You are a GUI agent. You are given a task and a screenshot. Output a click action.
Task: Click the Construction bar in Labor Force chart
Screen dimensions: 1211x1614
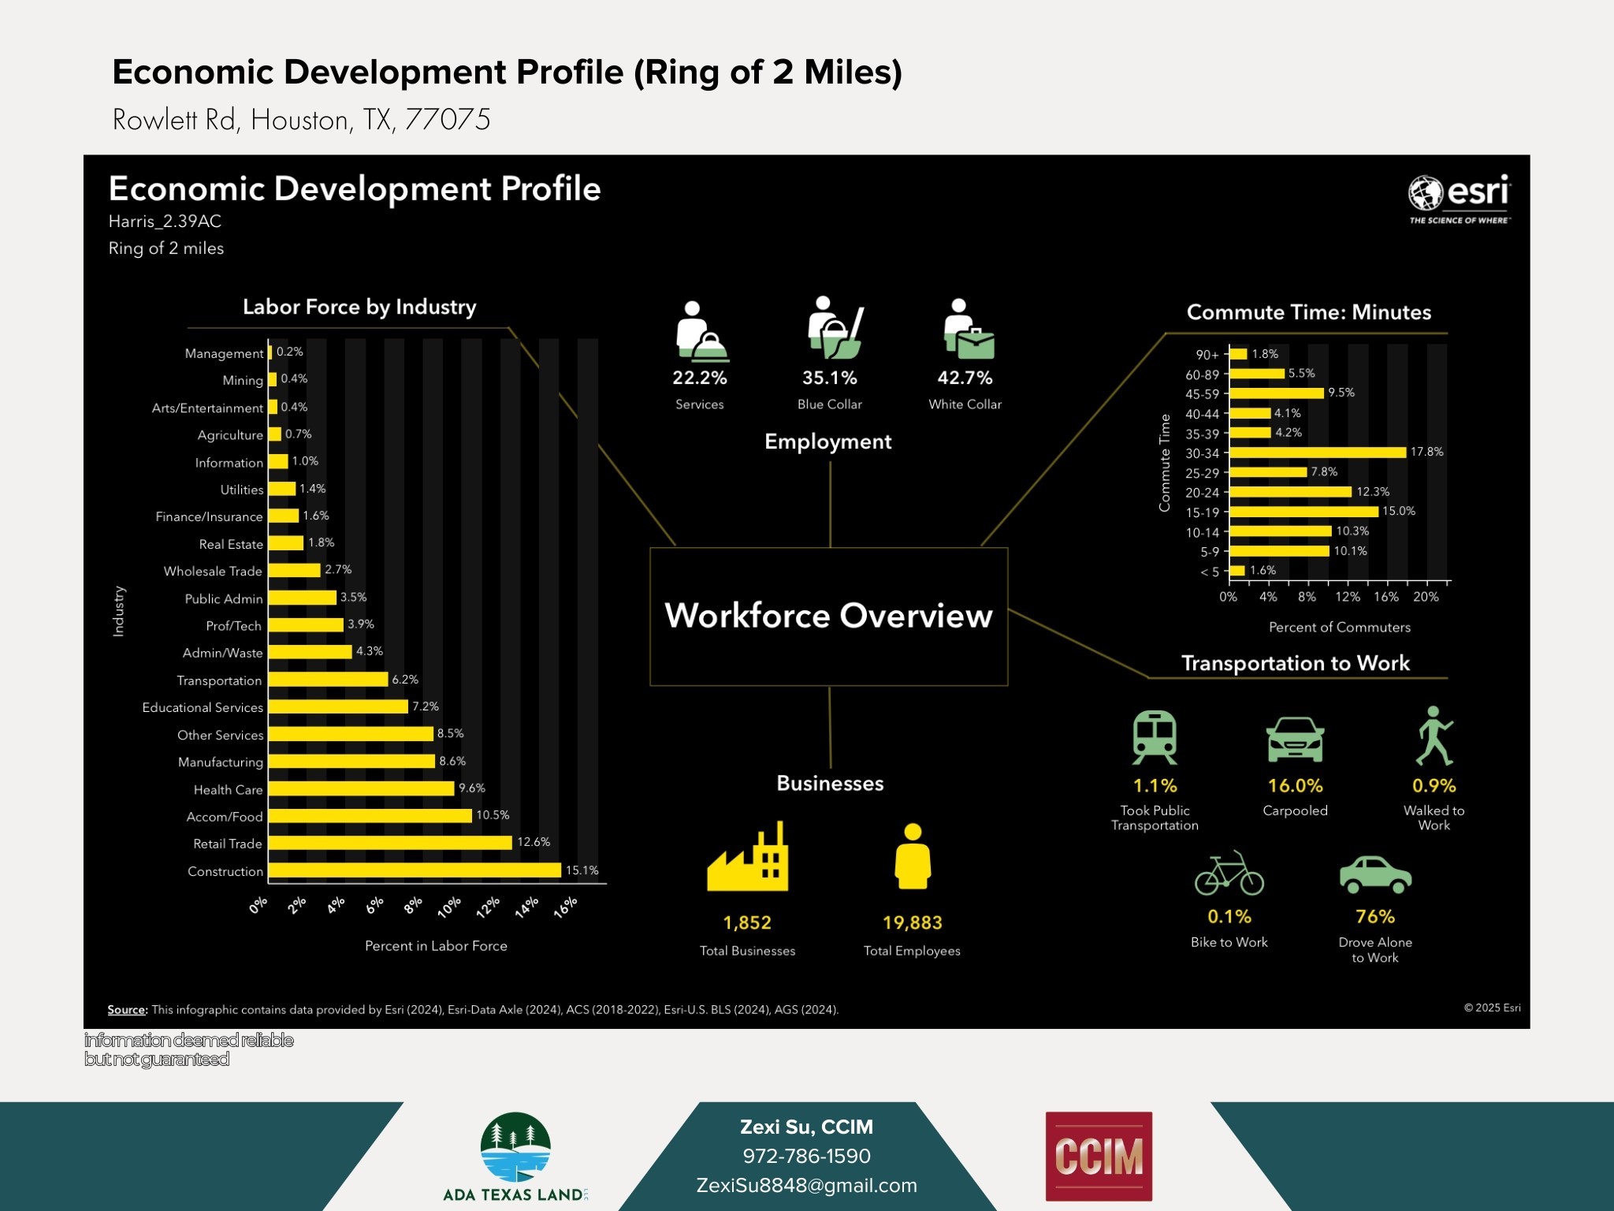coord(415,870)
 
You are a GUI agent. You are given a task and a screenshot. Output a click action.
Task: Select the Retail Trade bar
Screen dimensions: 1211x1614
coord(390,843)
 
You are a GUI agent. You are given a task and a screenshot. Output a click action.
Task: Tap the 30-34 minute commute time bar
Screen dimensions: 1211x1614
coord(1317,453)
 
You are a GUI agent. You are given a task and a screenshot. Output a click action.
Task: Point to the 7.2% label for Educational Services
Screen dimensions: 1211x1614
coord(426,706)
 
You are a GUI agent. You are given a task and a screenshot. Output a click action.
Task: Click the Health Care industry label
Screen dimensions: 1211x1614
coord(228,789)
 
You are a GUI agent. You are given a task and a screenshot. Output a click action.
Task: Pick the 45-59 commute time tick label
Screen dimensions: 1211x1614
coord(1202,394)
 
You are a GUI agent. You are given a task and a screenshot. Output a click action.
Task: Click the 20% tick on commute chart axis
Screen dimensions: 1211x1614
coord(1426,597)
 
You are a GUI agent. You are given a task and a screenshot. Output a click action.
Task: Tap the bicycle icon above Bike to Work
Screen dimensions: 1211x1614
coord(1229,874)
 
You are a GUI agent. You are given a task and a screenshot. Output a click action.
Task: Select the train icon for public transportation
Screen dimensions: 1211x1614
coord(1155,737)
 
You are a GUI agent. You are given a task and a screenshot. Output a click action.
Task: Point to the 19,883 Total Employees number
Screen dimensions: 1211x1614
coord(912,922)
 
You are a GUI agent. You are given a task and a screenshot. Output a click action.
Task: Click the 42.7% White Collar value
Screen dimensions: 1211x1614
coord(965,378)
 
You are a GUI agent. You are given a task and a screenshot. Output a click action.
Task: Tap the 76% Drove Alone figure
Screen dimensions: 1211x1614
coord(1374,916)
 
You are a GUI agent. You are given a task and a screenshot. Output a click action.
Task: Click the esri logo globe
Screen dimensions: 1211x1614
coord(1425,192)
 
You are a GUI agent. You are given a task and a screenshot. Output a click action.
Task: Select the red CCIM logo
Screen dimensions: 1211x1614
coord(1099,1156)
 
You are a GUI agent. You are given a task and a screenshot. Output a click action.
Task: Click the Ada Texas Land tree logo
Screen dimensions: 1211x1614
coord(515,1148)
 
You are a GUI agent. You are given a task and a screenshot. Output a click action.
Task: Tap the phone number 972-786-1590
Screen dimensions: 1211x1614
coord(806,1156)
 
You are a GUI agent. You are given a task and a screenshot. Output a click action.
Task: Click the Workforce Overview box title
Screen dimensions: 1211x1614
coord(828,616)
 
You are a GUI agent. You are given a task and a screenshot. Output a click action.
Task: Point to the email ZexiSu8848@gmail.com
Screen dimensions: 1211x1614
coord(806,1185)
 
